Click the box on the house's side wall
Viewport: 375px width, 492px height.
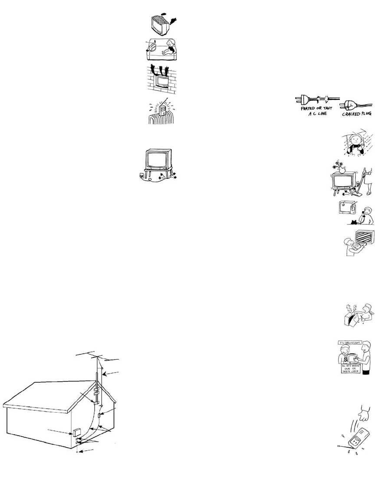77,432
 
